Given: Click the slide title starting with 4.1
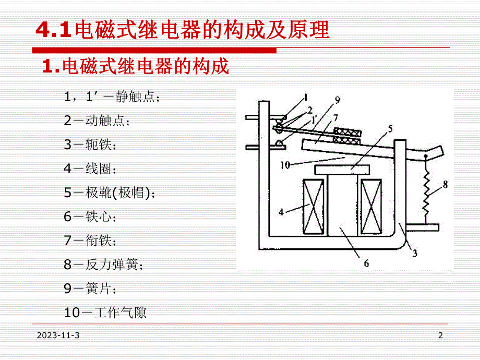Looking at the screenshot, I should pyautogui.click(x=183, y=30).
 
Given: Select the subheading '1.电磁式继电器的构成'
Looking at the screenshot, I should pyautogui.click(x=135, y=66).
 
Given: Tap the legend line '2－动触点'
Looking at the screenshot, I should pyautogui.click(x=97, y=121).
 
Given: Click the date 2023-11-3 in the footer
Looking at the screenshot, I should pyautogui.click(x=58, y=335).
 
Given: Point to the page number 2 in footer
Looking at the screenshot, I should pyautogui.click(x=440, y=335).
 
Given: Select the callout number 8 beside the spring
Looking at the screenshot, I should pyautogui.click(x=445, y=184).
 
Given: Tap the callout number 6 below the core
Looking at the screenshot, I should pyautogui.click(x=366, y=263).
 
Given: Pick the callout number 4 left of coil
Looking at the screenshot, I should pyautogui.click(x=281, y=212).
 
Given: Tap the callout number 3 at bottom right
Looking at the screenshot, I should pyautogui.click(x=414, y=254).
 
